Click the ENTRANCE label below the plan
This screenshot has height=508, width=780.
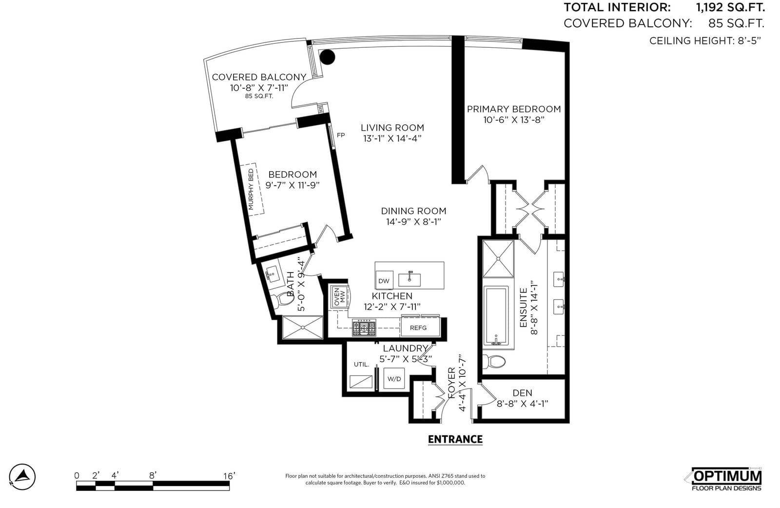[455, 439]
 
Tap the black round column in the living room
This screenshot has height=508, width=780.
[327, 57]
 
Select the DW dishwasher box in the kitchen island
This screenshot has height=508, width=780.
[384, 281]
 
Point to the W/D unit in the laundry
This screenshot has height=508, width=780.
[394, 378]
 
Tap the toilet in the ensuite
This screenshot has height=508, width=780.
[494, 361]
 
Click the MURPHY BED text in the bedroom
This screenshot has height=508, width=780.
[251, 190]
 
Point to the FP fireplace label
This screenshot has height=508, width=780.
[341, 135]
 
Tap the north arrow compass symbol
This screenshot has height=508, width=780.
[22, 477]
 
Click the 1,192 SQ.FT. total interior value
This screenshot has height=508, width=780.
[730, 7]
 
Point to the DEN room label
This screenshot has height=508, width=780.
[522, 393]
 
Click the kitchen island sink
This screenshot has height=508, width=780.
[409, 279]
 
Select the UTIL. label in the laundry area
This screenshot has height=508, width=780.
[361, 365]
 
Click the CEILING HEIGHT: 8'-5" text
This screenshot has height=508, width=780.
[705, 41]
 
